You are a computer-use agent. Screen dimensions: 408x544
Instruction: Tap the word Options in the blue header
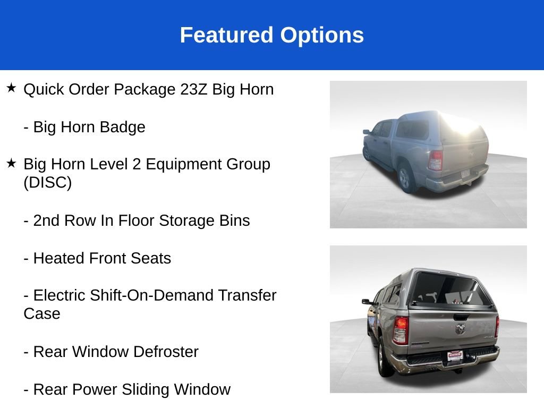pos(322,35)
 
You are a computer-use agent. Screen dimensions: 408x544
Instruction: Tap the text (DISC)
pos(47,182)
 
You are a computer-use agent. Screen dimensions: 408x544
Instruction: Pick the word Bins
pos(234,220)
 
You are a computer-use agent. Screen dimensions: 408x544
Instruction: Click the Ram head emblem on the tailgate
pos(460,329)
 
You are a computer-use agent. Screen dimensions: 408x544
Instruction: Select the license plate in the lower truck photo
pos(455,355)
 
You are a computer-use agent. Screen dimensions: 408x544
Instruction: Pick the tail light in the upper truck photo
pos(436,160)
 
